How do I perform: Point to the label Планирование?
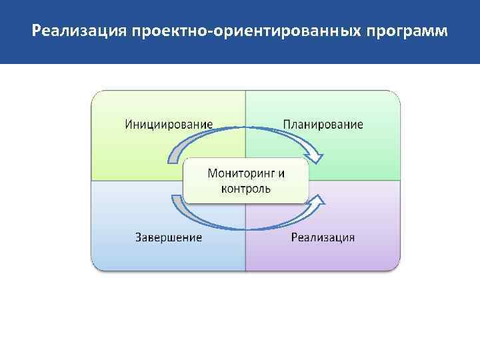point(323,124)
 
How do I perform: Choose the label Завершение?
point(169,237)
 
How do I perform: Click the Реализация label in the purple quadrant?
point(323,237)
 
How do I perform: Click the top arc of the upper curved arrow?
point(246,128)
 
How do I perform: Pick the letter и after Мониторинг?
point(281,173)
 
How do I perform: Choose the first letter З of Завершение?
point(139,237)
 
